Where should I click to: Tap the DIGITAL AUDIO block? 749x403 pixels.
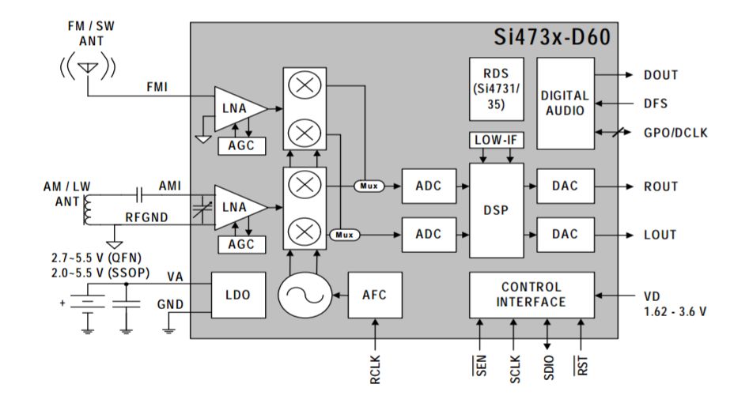point(565,103)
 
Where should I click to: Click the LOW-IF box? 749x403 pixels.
point(496,140)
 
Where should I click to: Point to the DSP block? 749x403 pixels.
point(496,210)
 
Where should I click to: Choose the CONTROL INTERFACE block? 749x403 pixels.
point(531,295)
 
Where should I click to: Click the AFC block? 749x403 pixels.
point(374,295)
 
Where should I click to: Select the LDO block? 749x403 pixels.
point(237,295)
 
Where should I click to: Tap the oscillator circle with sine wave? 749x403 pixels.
point(302,295)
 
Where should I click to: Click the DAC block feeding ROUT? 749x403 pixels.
point(565,186)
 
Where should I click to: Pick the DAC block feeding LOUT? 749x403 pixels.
point(565,234)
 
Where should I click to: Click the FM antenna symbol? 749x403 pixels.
point(88,67)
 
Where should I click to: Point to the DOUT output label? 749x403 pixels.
point(661,75)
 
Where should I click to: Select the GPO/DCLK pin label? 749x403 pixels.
point(676,133)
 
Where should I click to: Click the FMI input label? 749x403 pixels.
point(157,87)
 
